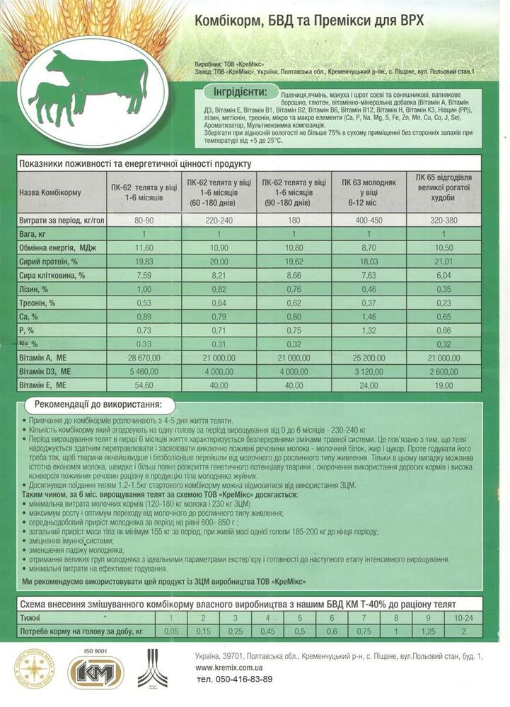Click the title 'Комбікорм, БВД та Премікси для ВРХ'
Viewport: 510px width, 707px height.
pyautogui.click(x=309, y=21)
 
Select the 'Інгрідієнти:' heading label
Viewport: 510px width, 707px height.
pyautogui.click(x=240, y=93)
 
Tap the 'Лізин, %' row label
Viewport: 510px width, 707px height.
pyautogui.click(x=35, y=290)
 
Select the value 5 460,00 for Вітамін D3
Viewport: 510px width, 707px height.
pyautogui.click(x=144, y=371)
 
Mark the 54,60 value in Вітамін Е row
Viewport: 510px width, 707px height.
pyautogui.click(x=144, y=385)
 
